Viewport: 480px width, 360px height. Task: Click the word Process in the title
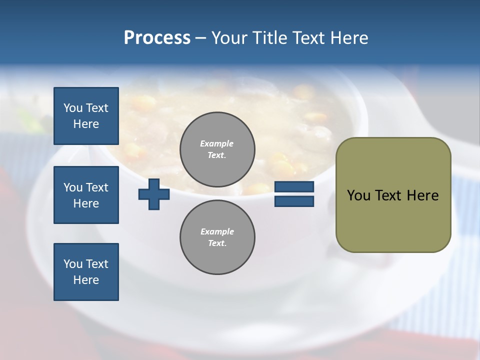click(x=157, y=37)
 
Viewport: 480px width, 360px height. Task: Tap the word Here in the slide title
click(x=348, y=37)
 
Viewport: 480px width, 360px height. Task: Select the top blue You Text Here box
click(x=86, y=116)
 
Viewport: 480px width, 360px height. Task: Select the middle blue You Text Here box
click(x=86, y=195)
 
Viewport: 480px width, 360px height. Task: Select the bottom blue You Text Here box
click(x=86, y=271)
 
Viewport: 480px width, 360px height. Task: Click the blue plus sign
click(x=154, y=194)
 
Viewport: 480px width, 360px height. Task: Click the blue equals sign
click(x=294, y=194)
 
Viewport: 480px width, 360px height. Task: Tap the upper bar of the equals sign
click(x=294, y=187)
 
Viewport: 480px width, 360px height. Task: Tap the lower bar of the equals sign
click(x=294, y=201)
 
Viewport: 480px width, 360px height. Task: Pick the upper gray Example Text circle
click(x=217, y=149)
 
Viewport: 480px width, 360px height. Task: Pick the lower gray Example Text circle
click(x=217, y=237)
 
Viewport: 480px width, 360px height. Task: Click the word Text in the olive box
click(x=389, y=195)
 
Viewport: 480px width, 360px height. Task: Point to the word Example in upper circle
click(x=217, y=143)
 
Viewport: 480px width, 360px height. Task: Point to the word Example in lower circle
click(x=217, y=231)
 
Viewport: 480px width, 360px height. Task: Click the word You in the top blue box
click(x=73, y=108)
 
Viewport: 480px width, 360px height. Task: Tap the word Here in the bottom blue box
click(x=86, y=280)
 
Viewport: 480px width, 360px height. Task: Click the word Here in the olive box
click(x=422, y=195)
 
